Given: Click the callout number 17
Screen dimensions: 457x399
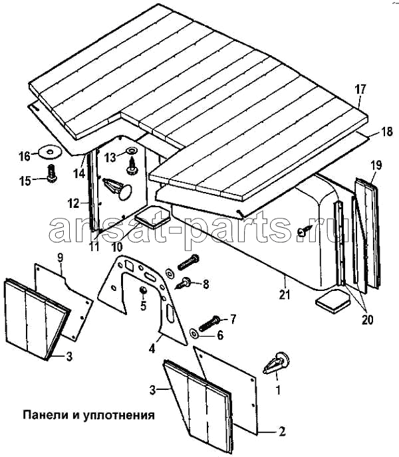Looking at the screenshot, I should coord(360,89).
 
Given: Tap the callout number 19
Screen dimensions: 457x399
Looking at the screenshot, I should coord(376,164).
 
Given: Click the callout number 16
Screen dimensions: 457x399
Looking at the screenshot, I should coord(25,157).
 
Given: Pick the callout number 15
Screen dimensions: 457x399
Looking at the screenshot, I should coord(25,180).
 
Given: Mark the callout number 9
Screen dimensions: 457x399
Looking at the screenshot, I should coord(60,256).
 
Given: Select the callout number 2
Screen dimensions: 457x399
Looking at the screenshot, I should coord(282,432).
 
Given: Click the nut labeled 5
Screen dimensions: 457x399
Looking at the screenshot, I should coord(142,291).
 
